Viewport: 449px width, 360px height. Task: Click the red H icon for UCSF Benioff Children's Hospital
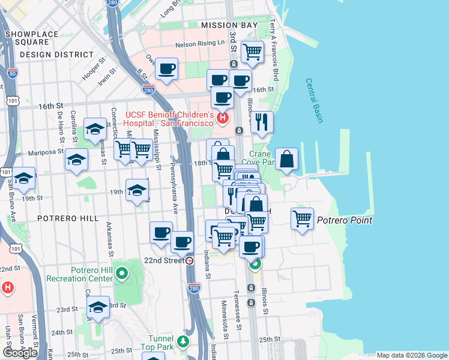pyautogui.click(x=223, y=118)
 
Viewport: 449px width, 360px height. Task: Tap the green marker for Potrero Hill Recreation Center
pyautogui.click(x=122, y=274)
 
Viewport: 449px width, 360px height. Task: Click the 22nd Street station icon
pyautogui.click(x=190, y=261)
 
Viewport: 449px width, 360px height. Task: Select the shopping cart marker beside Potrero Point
pyautogui.click(x=302, y=218)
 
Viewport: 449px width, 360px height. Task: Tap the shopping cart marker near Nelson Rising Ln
pyautogui.click(x=252, y=52)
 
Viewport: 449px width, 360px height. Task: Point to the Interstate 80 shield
pyautogui.click(x=13, y=74)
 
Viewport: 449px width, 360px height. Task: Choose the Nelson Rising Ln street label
pyautogui.click(x=199, y=44)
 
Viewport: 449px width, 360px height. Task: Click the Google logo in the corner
pyautogui.click(x=20, y=352)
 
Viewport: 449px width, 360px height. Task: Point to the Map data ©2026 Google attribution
pyautogui.click(x=411, y=355)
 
